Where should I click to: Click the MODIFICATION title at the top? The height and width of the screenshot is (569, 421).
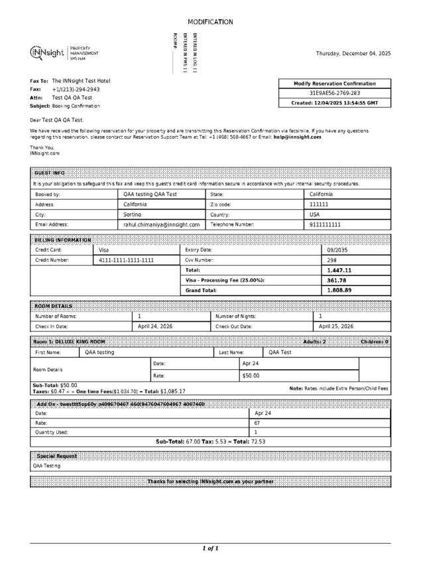[210, 22]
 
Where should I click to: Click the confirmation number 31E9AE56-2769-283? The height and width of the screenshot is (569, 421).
[335, 94]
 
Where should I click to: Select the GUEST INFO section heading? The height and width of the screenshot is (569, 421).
[50, 173]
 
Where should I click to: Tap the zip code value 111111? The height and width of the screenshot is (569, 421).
[319, 205]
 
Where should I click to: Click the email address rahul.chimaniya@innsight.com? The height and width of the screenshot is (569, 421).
[162, 225]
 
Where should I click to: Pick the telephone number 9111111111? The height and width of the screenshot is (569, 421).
[326, 225]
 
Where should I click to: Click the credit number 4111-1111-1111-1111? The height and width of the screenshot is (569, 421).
[126, 260]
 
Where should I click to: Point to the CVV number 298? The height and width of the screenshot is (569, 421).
[332, 260]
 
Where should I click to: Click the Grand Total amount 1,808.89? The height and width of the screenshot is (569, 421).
[339, 290]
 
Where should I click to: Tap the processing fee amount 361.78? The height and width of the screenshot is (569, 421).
[337, 280]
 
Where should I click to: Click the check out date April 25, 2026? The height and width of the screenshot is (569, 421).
[336, 327]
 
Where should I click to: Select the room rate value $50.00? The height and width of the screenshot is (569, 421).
[251, 376]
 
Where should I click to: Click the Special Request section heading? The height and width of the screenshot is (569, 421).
[57, 456]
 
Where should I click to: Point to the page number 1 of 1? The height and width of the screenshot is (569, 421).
[210, 548]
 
